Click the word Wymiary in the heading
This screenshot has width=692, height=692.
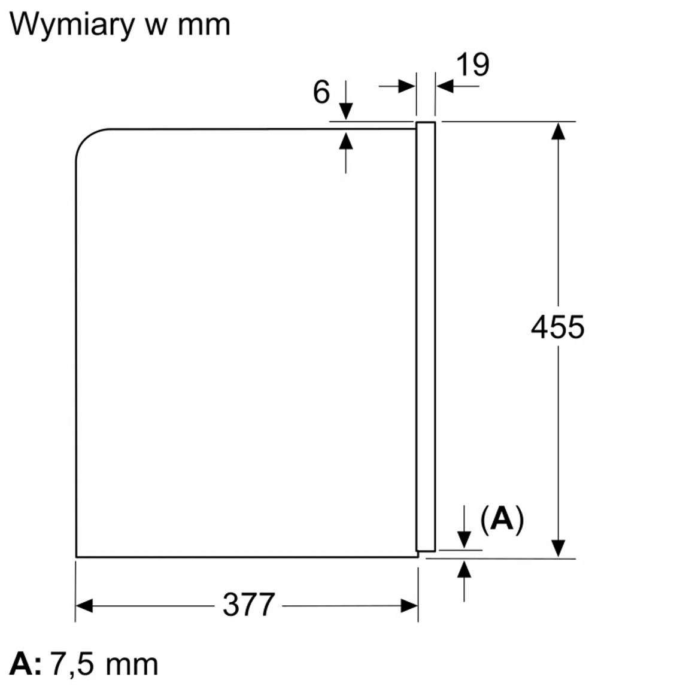(71, 25)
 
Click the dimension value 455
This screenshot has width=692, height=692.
(557, 327)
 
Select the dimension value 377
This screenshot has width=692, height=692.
(248, 605)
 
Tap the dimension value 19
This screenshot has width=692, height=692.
(472, 65)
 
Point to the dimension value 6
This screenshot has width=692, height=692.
(321, 92)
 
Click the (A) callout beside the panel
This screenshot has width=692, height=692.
(502, 520)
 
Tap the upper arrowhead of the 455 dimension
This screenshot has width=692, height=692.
(559, 131)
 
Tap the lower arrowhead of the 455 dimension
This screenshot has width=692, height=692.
(559, 548)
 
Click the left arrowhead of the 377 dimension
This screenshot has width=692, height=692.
(84, 606)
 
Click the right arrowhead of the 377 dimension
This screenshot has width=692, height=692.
(409, 606)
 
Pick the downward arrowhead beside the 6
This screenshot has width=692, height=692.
(346, 111)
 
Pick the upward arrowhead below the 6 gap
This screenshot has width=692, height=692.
(346, 140)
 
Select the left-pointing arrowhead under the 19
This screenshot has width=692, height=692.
(445, 86)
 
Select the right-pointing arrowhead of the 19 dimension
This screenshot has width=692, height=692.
(407, 86)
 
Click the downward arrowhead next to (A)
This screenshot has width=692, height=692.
(464, 540)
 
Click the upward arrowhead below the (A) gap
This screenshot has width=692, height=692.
(464, 569)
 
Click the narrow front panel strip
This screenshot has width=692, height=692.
(426, 336)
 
